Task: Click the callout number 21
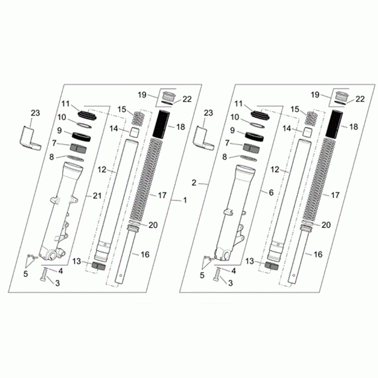coord(97,195)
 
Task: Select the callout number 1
coord(185,200)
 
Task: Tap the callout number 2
coord(194,183)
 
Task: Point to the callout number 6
coord(271,192)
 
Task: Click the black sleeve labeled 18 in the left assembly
coord(161,124)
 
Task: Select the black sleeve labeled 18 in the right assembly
coord(334,124)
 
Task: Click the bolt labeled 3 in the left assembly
coord(44,275)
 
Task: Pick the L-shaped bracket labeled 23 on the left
coord(30,139)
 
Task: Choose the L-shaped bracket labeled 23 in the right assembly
coord(203,139)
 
